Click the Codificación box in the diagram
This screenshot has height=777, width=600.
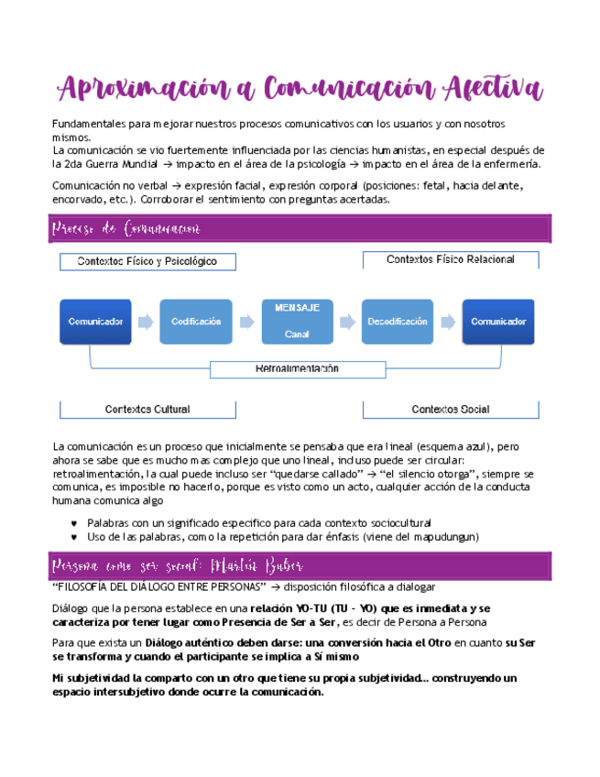195,322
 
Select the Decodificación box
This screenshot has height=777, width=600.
397,322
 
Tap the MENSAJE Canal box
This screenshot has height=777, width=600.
296,321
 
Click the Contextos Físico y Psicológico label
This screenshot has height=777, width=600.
147,262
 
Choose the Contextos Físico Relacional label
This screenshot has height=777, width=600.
450,260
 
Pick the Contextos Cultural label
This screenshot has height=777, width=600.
147,409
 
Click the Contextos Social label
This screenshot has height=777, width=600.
450,409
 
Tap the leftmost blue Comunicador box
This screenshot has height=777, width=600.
95,322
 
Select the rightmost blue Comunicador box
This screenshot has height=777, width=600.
497,322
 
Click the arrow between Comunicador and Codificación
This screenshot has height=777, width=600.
146,322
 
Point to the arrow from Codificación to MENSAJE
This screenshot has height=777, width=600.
245,322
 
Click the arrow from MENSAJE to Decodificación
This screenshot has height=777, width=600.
346,322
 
